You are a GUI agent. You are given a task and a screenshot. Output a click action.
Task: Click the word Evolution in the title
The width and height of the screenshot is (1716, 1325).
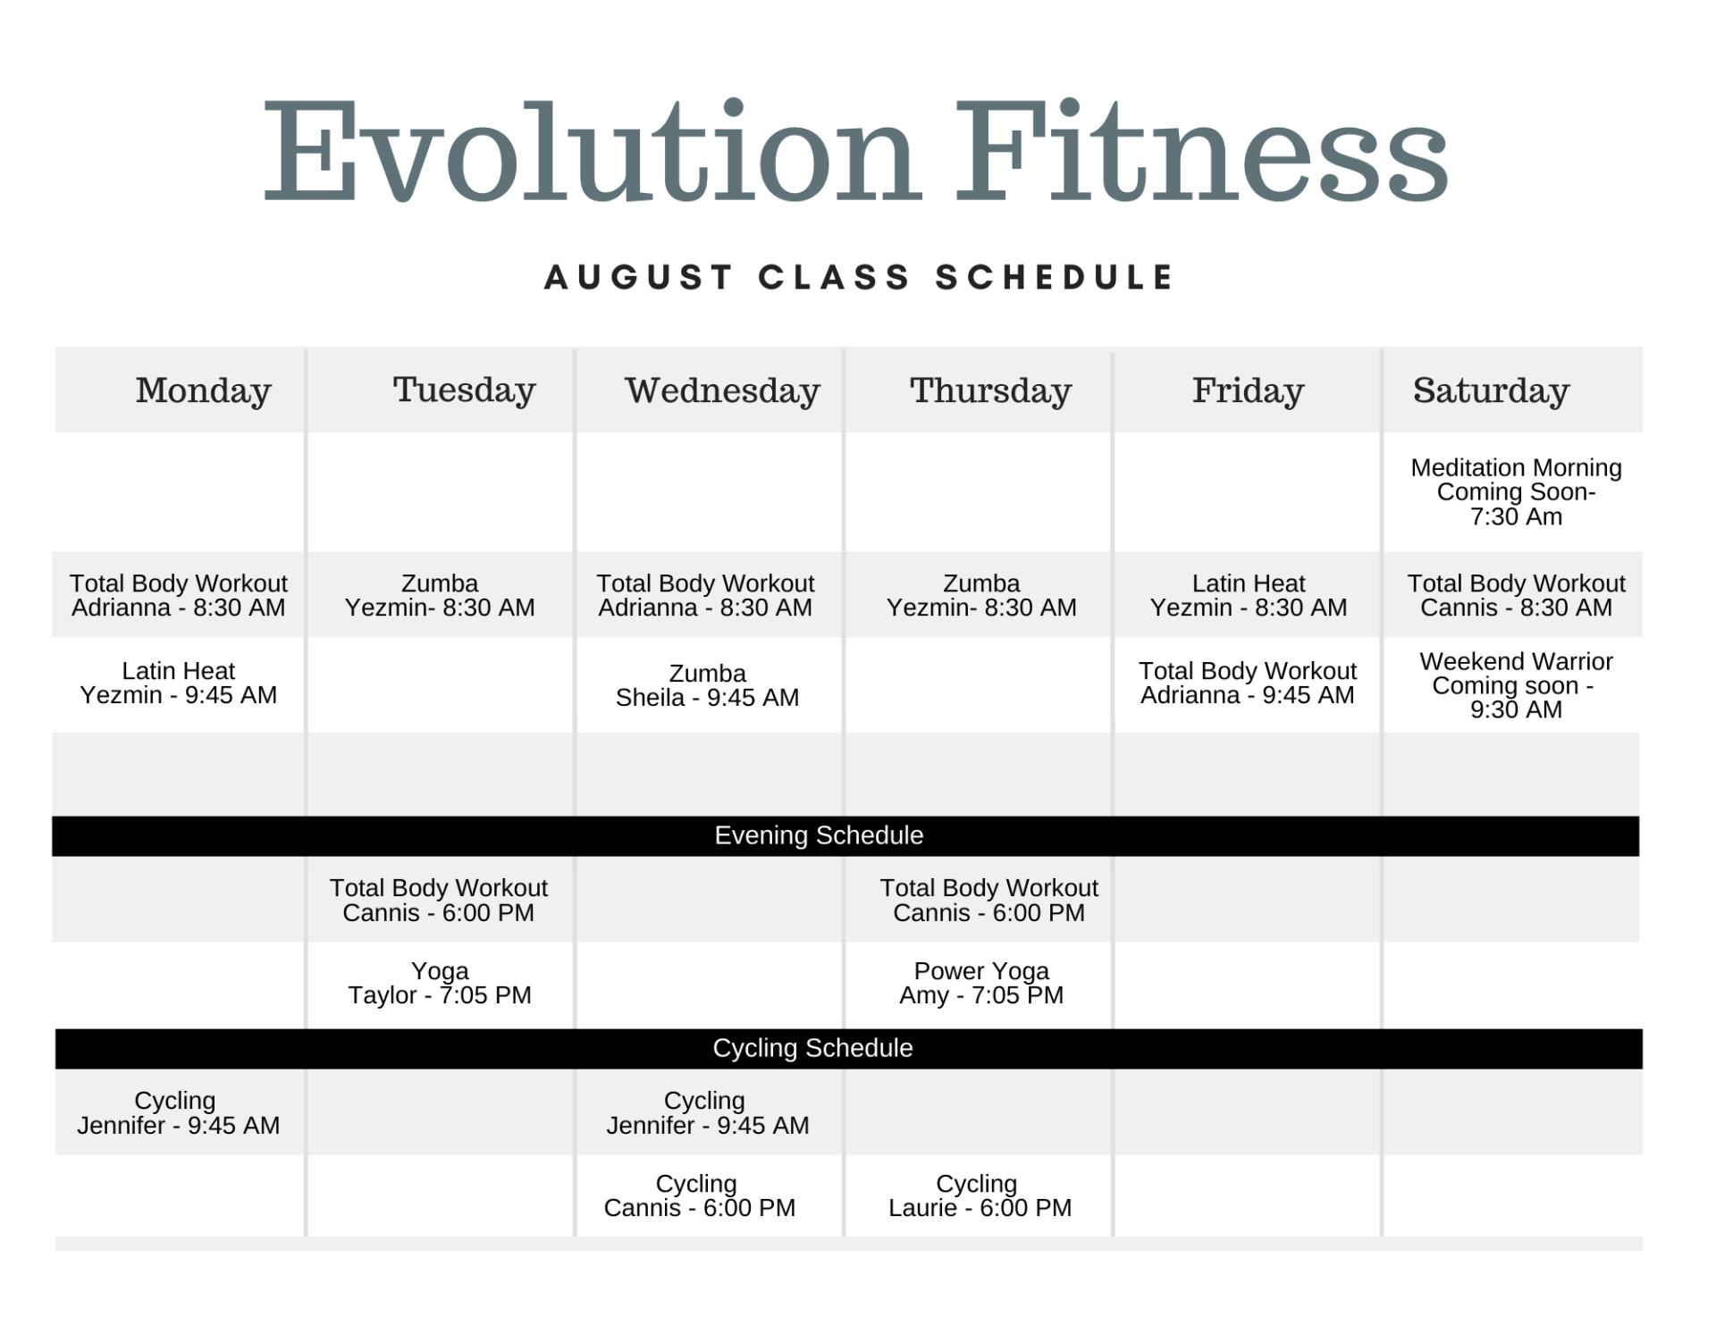tap(590, 152)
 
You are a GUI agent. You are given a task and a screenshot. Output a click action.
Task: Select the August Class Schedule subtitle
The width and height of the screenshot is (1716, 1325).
tap(858, 278)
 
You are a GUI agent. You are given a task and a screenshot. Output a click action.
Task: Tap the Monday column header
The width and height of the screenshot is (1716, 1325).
tap(203, 390)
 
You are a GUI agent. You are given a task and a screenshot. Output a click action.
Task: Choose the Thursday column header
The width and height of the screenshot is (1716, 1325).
tap(990, 390)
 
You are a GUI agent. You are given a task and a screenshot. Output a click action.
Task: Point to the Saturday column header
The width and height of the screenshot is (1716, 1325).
tap(1491, 390)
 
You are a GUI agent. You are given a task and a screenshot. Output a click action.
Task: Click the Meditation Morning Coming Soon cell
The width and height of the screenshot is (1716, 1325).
tap(1516, 492)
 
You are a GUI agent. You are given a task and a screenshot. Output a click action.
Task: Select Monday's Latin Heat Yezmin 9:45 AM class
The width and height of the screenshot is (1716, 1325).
tap(179, 683)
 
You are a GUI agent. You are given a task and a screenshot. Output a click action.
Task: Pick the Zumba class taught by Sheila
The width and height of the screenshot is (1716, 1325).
tap(707, 685)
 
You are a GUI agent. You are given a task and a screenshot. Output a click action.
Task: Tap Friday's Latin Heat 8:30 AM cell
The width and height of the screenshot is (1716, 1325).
tap(1248, 596)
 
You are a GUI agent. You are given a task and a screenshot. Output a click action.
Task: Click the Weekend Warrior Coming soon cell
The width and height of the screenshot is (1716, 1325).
tap(1516, 685)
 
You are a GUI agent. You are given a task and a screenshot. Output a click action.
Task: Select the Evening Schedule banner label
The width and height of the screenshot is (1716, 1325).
tap(819, 836)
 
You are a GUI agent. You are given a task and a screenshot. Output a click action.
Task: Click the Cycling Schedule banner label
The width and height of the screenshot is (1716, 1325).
tap(812, 1049)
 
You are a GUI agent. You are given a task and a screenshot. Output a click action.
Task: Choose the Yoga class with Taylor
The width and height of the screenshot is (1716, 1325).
tap(440, 984)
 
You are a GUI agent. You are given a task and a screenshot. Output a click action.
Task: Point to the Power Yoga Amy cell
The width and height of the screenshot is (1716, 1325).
tap(981, 984)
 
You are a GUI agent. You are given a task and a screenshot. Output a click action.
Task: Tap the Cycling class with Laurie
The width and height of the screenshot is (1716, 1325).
tap(980, 1196)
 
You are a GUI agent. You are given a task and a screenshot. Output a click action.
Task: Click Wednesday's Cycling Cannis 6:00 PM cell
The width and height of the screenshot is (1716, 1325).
tap(699, 1196)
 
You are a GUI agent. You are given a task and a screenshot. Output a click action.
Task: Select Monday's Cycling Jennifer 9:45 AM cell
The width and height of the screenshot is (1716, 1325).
tap(178, 1113)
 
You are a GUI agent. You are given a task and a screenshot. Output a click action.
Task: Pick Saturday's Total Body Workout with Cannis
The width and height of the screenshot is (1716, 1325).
tap(1516, 596)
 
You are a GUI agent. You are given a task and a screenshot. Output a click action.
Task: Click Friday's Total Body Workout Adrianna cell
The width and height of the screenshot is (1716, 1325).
tap(1248, 683)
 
